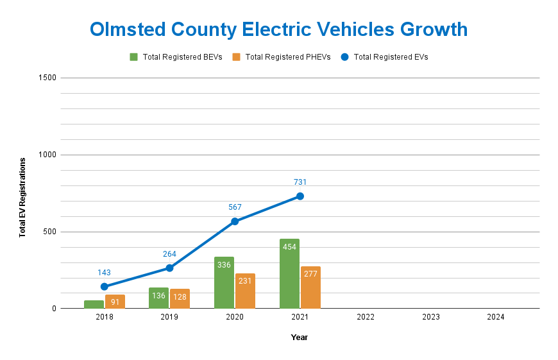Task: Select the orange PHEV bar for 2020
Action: tap(245, 291)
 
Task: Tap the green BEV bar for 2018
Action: tap(94, 304)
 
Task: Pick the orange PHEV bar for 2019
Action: tap(180, 299)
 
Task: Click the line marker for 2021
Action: tap(300, 196)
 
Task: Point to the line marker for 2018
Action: tap(105, 287)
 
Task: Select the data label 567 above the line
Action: tap(235, 207)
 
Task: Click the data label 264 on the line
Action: tap(169, 254)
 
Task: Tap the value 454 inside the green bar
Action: tap(289, 247)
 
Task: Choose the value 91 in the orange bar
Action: tap(115, 302)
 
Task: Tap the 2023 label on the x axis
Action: tap(431, 317)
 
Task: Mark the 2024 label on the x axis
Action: tap(496, 317)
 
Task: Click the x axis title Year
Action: tap(300, 338)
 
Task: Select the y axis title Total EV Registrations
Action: tap(22, 197)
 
